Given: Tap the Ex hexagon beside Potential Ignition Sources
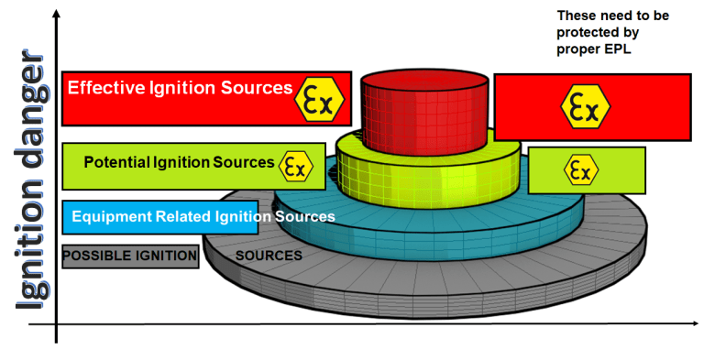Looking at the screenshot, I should pos(294,166).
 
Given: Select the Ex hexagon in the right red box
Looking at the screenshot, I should pos(586,106).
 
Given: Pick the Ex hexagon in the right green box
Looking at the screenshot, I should pos(579,169).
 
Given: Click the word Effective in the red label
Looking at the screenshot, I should pos(104,88).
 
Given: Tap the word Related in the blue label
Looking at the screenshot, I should pos(184,217).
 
